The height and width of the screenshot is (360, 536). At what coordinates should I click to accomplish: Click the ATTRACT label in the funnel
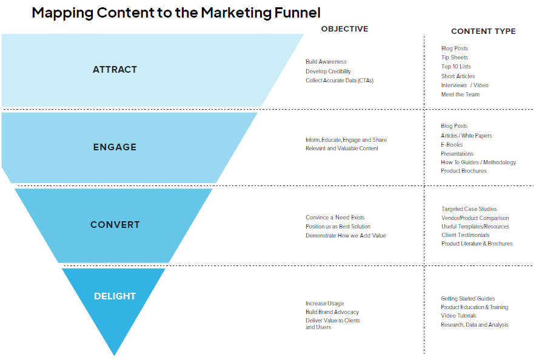point(115,70)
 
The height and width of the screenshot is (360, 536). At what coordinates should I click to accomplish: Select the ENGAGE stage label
point(115,147)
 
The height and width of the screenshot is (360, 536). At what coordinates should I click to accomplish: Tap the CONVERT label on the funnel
point(115,225)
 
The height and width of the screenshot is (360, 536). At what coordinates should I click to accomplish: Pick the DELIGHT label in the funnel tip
point(115,296)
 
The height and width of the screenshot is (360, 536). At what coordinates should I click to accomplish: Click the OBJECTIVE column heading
point(344,29)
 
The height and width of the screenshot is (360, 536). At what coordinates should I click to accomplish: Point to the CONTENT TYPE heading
point(483,32)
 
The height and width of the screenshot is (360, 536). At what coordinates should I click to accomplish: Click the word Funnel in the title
point(292,12)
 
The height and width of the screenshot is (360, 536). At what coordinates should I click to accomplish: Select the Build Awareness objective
point(326,62)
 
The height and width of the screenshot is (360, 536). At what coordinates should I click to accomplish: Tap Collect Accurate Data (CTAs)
point(340,81)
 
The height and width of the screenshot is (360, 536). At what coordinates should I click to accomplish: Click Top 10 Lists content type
point(456,67)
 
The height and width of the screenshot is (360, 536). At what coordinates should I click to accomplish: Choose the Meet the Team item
point(460,95)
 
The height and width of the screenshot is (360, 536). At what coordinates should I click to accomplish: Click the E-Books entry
point(452,145)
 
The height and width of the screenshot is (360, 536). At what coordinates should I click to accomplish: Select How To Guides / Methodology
point(478,162)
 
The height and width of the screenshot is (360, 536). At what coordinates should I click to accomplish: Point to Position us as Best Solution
point(338,227)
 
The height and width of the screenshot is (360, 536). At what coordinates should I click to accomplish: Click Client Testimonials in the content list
point(465,235)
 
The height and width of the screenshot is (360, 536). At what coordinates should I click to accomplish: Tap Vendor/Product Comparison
point(475,218)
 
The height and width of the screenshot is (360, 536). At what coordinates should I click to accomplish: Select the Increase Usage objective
point(324,304)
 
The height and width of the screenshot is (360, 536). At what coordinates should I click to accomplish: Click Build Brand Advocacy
point(332,312)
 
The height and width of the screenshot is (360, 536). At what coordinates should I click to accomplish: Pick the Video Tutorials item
point(458,316)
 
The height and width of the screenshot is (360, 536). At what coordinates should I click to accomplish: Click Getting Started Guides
point(467,299)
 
